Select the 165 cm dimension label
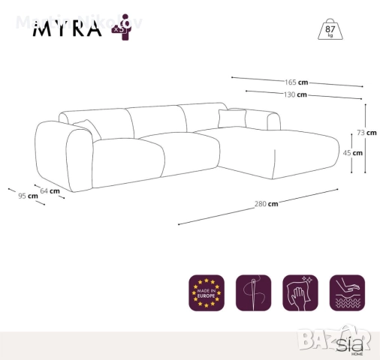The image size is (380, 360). [296, 82]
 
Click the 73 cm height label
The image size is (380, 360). [366, 133]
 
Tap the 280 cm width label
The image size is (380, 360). [266, 203]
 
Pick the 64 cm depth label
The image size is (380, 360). [50, 191]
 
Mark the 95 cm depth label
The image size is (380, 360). [28, 196]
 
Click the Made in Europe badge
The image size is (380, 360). [207, 292]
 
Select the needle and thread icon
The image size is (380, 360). [253, 292]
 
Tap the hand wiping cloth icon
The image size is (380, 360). [300, 292]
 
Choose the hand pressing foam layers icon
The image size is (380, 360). [346, 292]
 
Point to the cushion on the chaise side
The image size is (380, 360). [232, 118]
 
